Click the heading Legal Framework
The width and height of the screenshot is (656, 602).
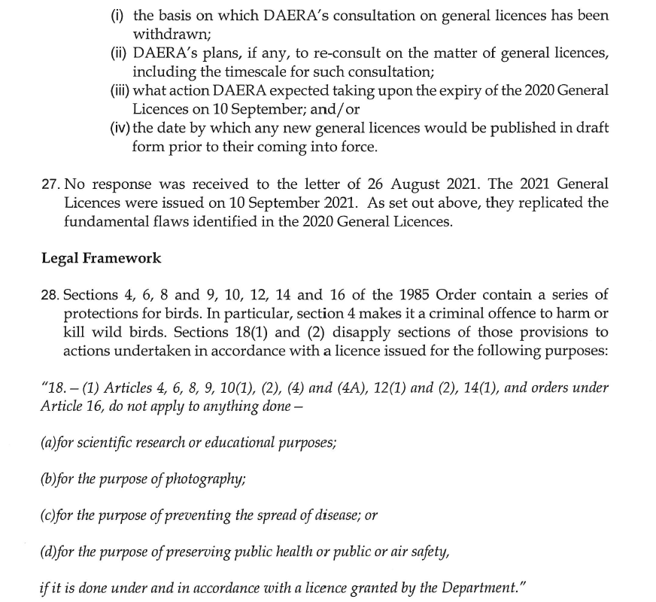(x=101, y=258)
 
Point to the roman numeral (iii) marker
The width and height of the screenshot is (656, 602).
(x=120, y=90)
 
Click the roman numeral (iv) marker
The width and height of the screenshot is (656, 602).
(x=120, y=127)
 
